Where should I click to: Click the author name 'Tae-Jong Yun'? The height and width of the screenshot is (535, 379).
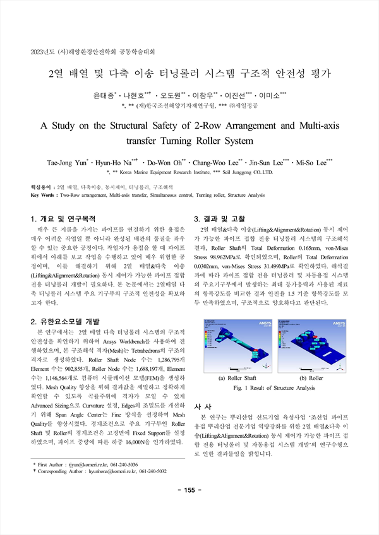coord(66,163)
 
